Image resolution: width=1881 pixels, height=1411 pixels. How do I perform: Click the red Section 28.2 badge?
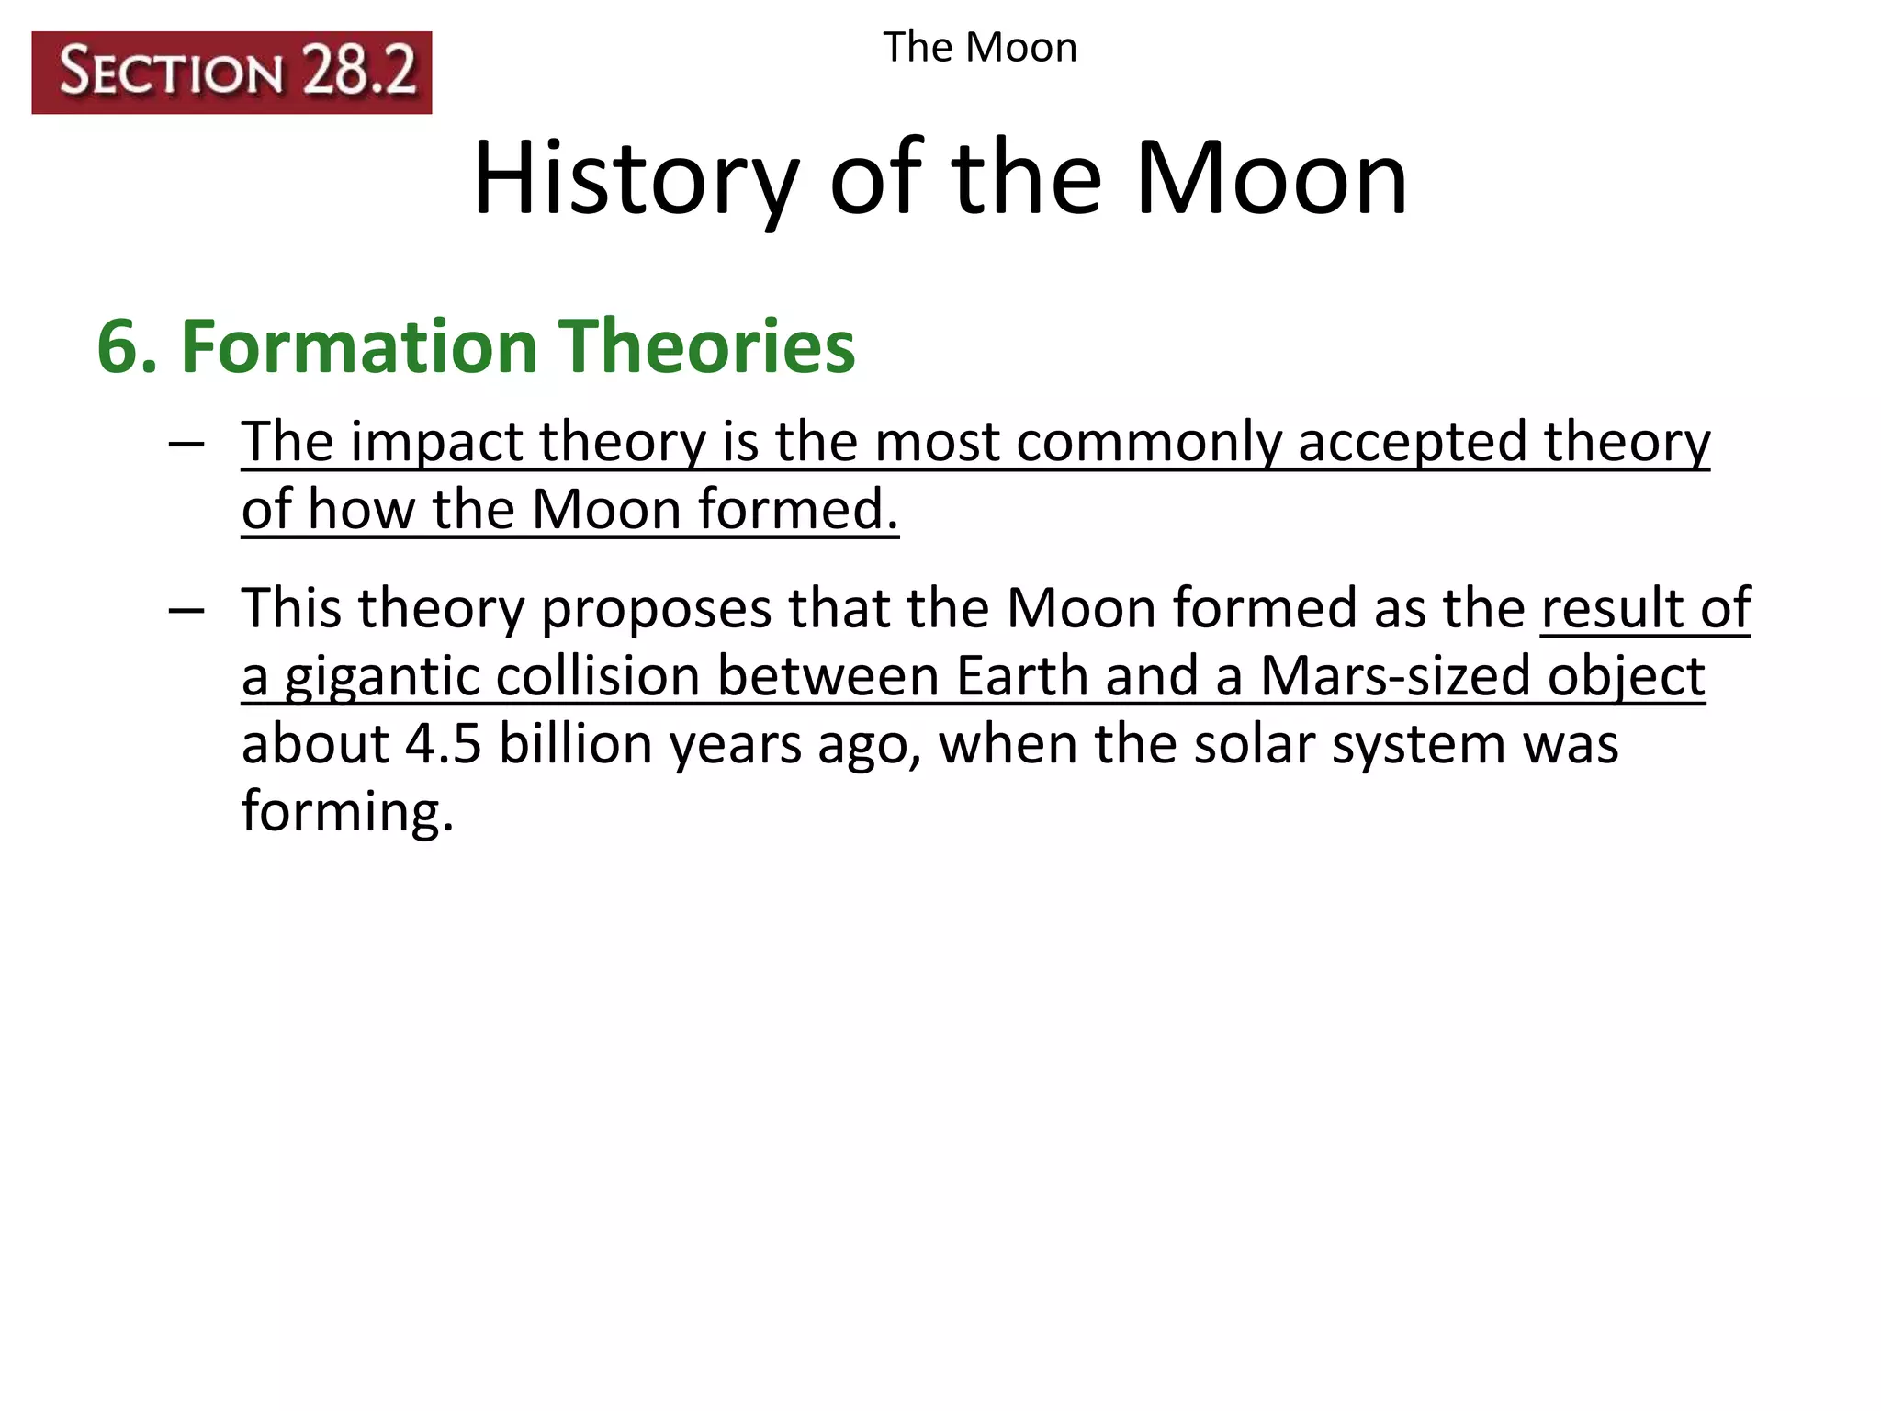[231, 73]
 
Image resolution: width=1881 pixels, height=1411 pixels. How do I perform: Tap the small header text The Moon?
[980, 47]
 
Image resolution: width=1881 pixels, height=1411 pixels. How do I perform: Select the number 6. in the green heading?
[128, 347]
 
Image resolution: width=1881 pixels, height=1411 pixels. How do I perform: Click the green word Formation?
[359, 347]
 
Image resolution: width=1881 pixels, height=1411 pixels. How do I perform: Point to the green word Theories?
[707, 347]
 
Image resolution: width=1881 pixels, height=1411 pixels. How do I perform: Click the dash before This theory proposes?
[186, 610]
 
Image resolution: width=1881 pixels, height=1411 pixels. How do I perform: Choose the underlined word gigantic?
[381, 678]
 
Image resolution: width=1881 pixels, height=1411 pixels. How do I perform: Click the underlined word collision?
[597, 676]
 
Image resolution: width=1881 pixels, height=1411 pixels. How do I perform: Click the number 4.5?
[444, 744]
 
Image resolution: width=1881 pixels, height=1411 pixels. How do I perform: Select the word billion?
[575, 744]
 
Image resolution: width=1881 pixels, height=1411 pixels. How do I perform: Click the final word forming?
[347, 813]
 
